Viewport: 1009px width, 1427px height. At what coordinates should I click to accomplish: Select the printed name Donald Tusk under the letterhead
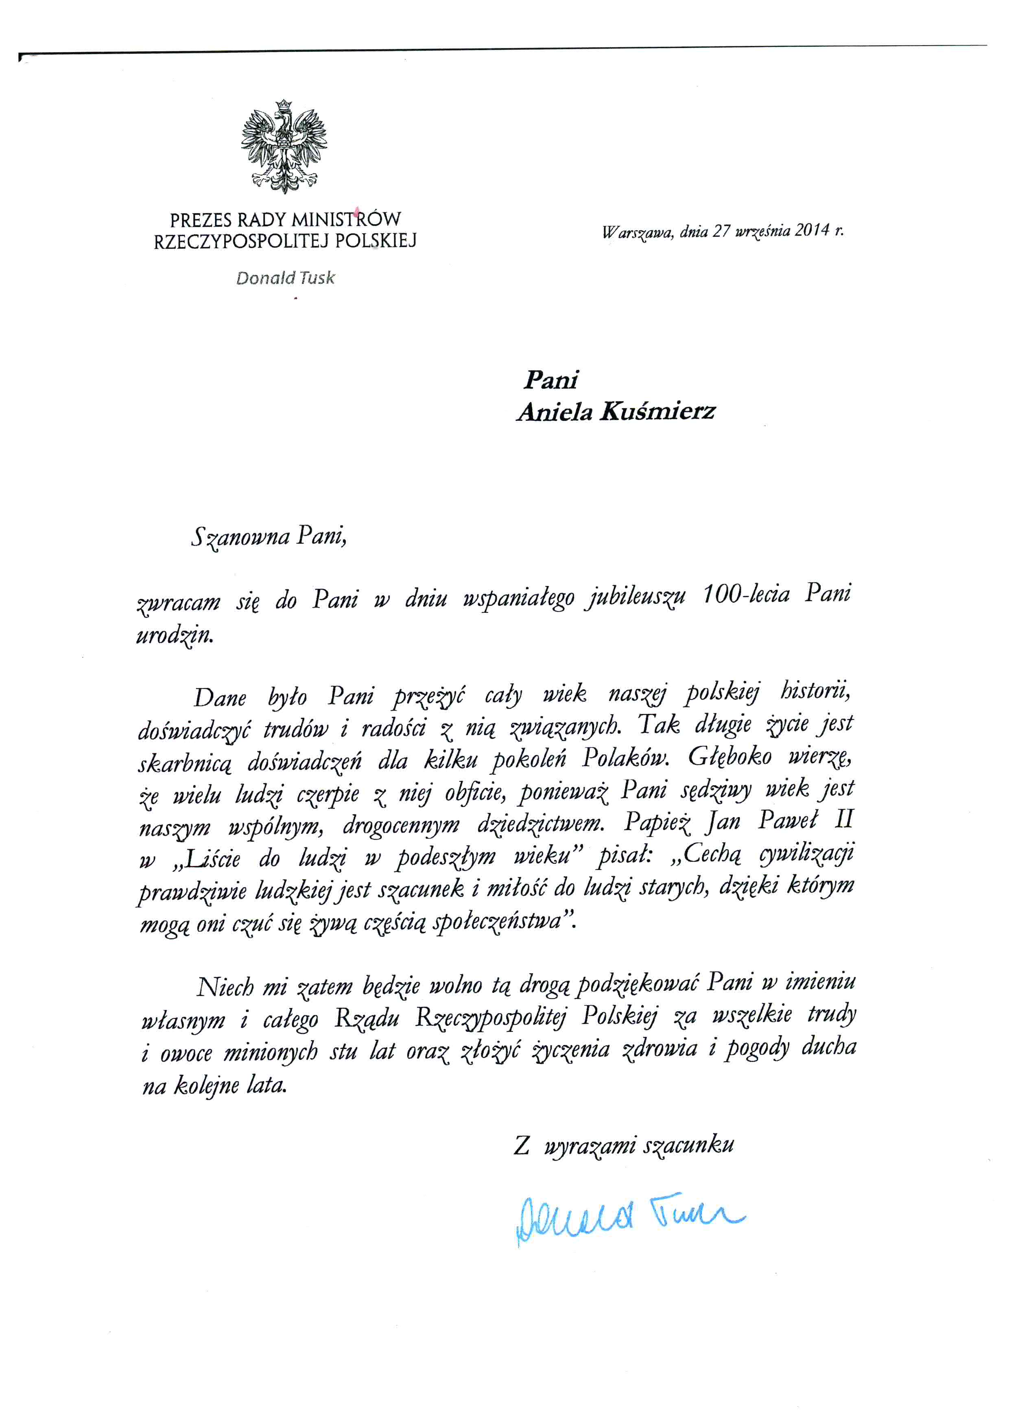point(285,278)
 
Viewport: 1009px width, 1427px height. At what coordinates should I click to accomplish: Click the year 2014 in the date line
point(811,231)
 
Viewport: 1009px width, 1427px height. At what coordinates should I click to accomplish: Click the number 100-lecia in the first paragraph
point(746,595)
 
